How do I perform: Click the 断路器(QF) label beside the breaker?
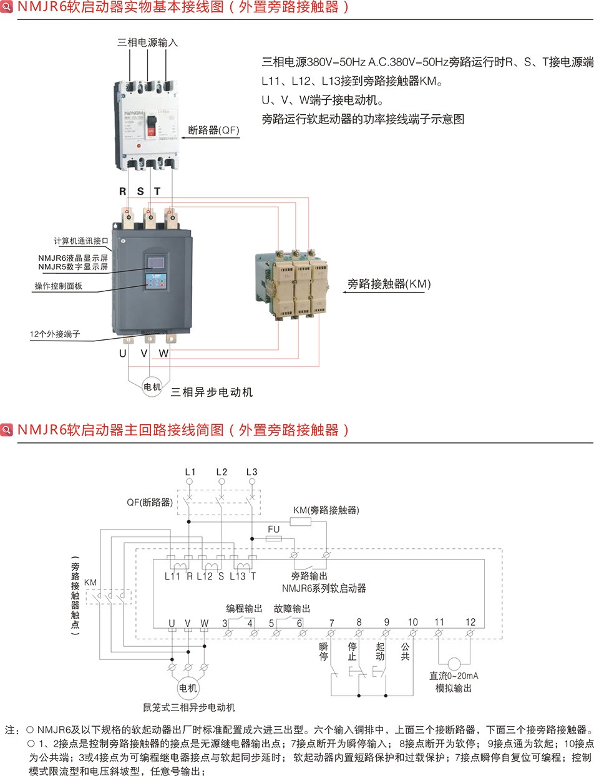tap(213, 130)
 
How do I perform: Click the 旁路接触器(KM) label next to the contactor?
tap(389, 284)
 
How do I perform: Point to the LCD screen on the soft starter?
tap(155, 261)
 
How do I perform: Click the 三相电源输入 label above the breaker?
tap(148, 43)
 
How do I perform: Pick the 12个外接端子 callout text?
tap(55, 334)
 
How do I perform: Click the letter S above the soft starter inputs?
tap(140, 192)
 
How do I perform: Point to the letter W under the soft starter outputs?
tap(163, 353)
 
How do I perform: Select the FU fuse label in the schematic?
tap(273, 530)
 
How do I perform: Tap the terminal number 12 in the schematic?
tap(470, 622)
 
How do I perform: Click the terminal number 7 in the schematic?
tap(331, 623)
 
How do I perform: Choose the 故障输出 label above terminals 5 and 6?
tap(291, 608)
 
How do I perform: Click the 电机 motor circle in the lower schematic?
tap(188, 689)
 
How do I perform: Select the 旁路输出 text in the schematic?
tap(309, 576)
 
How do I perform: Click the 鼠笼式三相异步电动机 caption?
tap(188, 707)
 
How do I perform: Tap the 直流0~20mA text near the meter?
tap(454, 676)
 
